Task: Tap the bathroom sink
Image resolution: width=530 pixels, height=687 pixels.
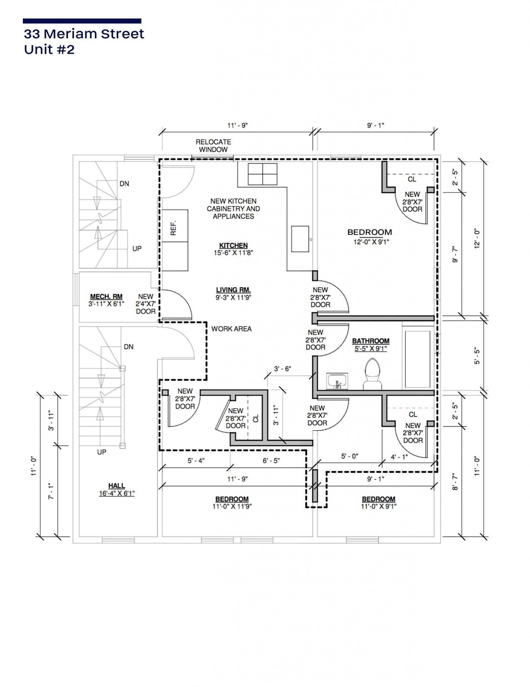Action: tap(338, 381)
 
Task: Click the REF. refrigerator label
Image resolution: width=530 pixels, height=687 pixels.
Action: tap(174, 228)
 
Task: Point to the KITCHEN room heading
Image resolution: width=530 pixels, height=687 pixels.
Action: tap(233, 246)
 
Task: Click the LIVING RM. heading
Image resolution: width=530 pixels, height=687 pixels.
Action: tap(233, 290)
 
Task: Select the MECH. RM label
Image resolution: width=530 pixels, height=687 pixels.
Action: tap(106, 297)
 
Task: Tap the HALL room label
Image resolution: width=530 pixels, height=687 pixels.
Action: tap(117, 485)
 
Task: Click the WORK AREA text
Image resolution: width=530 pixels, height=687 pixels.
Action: tap(231, 329)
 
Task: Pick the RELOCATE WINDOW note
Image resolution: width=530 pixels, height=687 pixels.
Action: tap(213, 146)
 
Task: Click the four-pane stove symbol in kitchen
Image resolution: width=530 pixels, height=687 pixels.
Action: tap(262, 174)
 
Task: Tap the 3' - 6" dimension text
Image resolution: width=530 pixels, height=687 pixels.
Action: tap(282, 369)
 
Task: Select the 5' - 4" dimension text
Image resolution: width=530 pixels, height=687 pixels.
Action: tap(196, 461)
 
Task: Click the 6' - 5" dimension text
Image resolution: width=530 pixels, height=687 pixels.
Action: tap(271, 461)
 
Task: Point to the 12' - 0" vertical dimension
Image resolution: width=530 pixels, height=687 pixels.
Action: tap(477, 239)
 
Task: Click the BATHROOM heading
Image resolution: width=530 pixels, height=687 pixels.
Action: tap(371, 341)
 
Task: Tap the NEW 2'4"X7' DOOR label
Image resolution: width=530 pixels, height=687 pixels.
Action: tap(146, 304)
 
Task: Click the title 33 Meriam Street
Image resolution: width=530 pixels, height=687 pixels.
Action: tap(84, 34)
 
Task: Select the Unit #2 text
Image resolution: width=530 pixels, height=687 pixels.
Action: tap(49, 50)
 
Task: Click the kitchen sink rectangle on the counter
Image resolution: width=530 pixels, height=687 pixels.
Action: tap(300, 239)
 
